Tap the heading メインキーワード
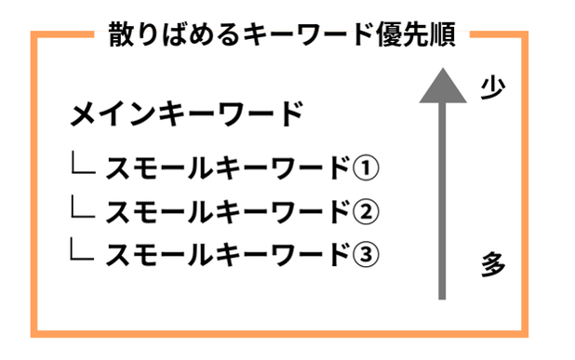pyautogui.click(x=187, y=114)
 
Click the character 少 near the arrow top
pyautogui.click(x=492, y=87)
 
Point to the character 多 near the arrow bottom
pyautogui.click(x=493, y=264)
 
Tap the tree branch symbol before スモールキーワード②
pyautogui.click(x=83, y=207)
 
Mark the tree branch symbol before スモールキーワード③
pyautogui.click(x=83, y=249)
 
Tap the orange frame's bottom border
pyautogui.click(x=279, y=332)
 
